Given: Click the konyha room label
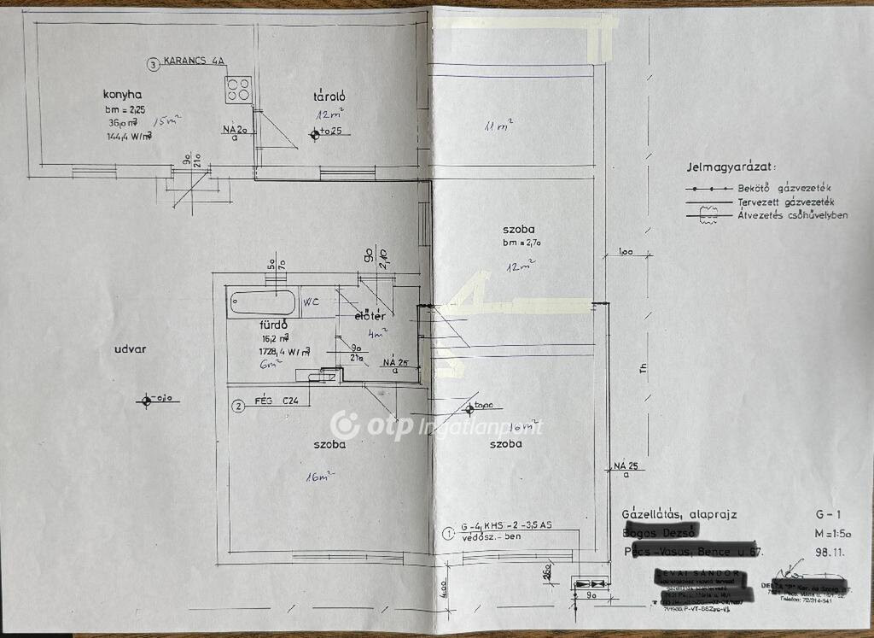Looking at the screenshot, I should click(122, 94).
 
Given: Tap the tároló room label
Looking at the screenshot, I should click(327, 96).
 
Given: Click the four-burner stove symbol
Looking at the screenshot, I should click(238, 88).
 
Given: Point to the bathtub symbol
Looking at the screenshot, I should click(262, 303).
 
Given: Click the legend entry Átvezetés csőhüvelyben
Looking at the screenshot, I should click(793, 215).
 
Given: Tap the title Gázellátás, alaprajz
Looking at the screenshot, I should click(679, 514).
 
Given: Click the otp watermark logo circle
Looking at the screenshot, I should click(345, 424).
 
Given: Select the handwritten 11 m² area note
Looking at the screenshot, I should click(499, 127).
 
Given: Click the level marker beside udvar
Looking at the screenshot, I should click(147, 399).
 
